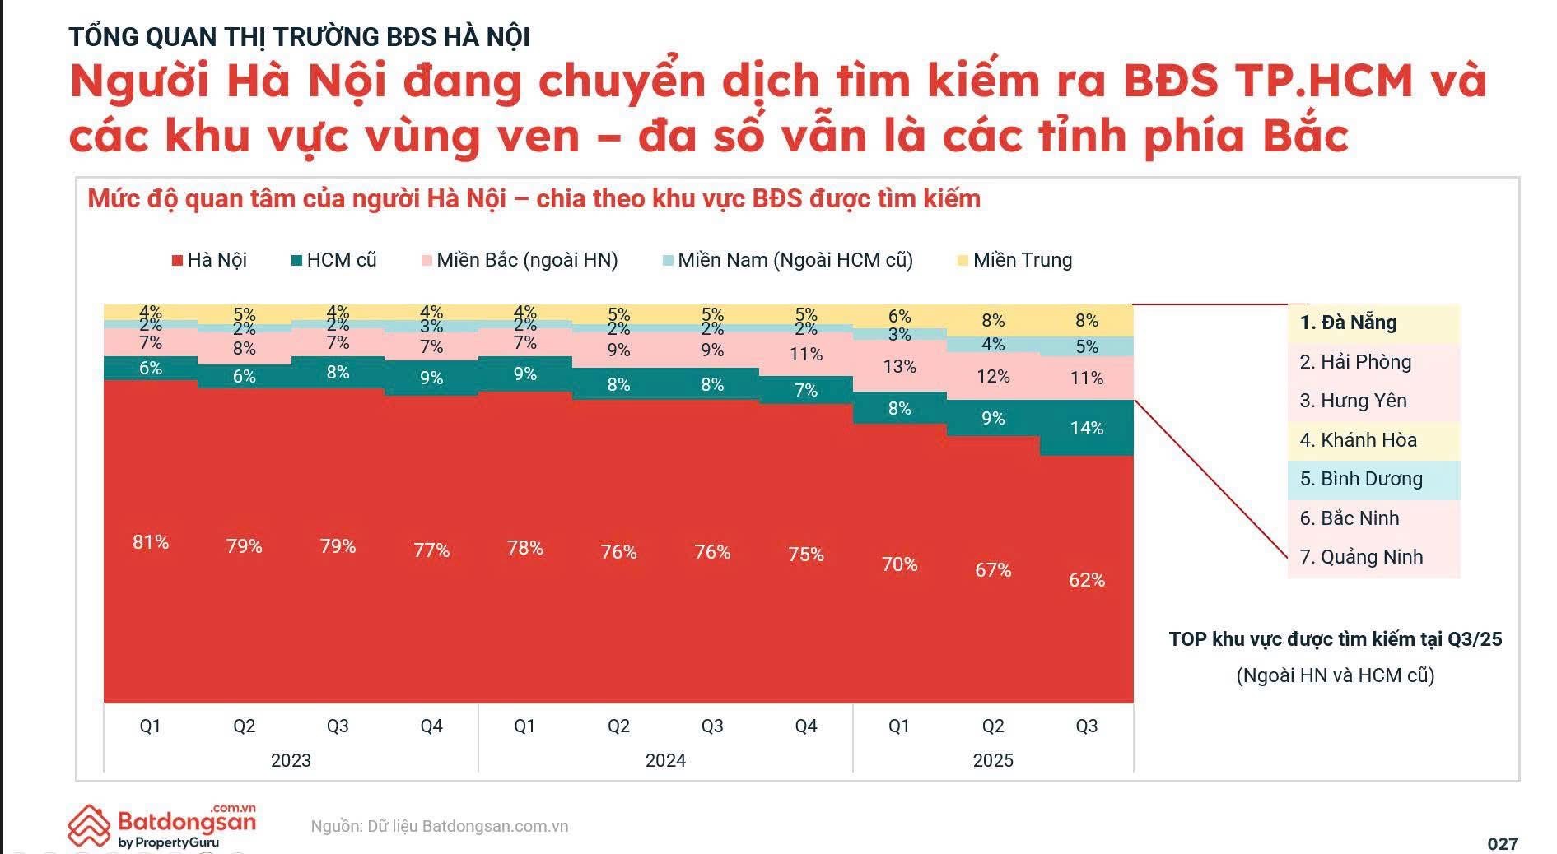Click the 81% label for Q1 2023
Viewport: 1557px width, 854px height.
(x=151, y=542)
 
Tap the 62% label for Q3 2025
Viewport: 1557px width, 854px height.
(x=1086, y=580)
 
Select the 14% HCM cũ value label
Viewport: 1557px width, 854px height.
(x=1086, y=428)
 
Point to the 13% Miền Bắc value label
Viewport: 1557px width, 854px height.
(x=899, y=366)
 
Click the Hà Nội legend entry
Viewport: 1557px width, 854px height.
(x=209, y=260)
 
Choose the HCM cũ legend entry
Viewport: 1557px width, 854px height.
(x=333, y=260)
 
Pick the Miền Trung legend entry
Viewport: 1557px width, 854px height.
(x=1014, y=260)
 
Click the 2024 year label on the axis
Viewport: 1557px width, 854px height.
(x=665, y=760)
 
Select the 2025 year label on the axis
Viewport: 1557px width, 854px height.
(x=993, y=760)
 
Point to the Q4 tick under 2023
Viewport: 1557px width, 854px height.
(x=431, y=726)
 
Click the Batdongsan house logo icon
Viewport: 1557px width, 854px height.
(x=89, y=826)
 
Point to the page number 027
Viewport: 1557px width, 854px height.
(x=1503, y=843)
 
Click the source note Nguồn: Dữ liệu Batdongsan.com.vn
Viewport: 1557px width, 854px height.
(x=440, y=826)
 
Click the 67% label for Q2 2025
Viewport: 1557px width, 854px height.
(x=993, y=570)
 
